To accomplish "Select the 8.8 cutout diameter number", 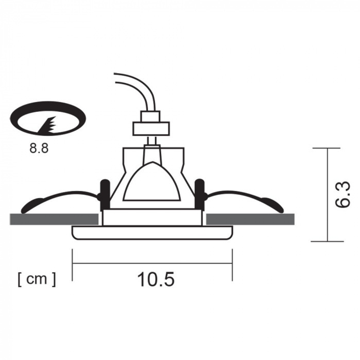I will click(x=39, y=149).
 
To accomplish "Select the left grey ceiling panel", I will click(x=54, y=219).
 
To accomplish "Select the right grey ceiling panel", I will click(x=251, y=219).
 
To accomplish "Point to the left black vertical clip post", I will click(x=104, y=194).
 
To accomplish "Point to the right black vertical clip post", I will click(x=199, y=194).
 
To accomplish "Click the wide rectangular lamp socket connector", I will click(x=151, y=129).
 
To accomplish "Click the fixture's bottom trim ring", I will click(x=152, y=233).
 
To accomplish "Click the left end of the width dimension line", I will click(x=73, y=263).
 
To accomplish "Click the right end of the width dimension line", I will click(x=232, y=263).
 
